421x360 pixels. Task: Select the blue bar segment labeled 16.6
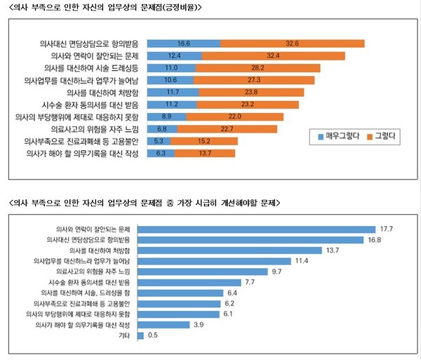185,43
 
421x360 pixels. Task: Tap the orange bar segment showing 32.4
274,55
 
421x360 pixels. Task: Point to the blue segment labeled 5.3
159,140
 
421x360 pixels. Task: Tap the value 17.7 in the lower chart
387,228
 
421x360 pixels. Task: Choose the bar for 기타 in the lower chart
140,335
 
